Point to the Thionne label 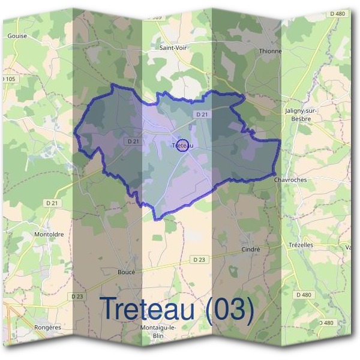tap(270, 52)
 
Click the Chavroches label tap(290, 179)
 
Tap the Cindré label tap(250, 249)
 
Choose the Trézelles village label tap(301, 245)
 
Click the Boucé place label tap(127, 272)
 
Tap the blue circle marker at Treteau tap(185, 145)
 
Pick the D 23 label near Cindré tap(199, 259)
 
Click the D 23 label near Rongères tap(77, 296)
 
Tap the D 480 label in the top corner tap(337, 13)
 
